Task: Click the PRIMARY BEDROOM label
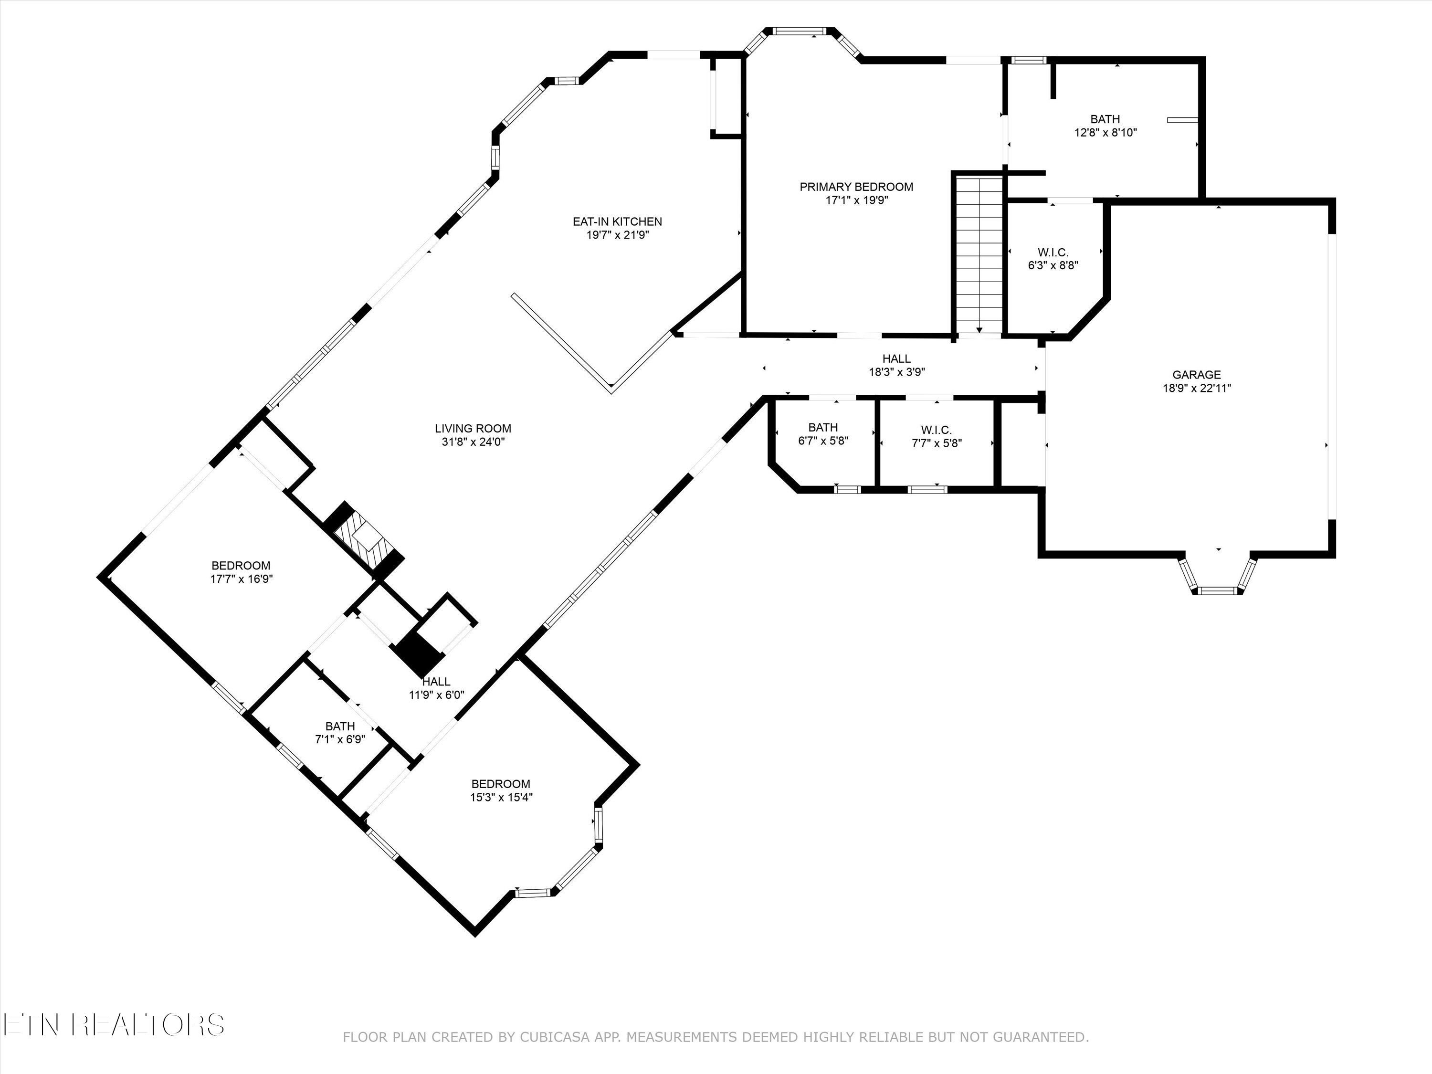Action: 856,187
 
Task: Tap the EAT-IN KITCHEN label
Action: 617,221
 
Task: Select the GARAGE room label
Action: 1196,375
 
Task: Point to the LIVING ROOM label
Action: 473,429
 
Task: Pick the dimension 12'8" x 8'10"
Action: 1105,133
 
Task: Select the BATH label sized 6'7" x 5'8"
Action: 823,427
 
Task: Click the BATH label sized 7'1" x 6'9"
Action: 340,727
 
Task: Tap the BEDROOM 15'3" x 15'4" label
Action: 500,784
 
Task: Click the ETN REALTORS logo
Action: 113,1025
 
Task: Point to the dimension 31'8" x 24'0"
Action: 473,442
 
